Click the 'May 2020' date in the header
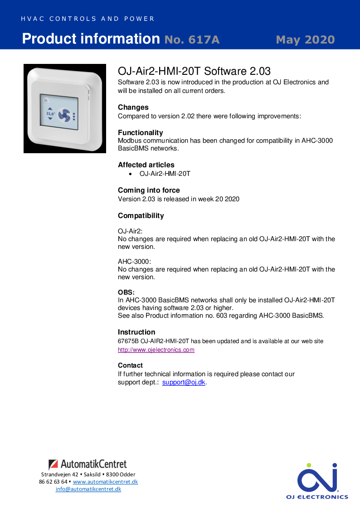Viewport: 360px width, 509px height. pos(305,39)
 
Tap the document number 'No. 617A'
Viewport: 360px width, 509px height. pos(192,40)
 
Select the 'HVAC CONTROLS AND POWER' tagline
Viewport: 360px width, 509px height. pos(88,19)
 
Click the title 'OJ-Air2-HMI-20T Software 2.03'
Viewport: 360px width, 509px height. pos(194,71)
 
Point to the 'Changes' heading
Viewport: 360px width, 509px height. pos(133,107)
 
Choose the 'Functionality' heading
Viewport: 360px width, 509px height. pos(140,133)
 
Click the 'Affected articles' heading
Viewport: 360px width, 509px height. pos(146,165)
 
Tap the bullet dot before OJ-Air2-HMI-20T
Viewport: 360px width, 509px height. pos(131,174)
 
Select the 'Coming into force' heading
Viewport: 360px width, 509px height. pos(149,190)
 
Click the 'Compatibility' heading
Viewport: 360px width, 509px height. pos(141,216)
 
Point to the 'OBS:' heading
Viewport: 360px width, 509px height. pos(126,292)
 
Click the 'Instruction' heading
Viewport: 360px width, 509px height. pos(136,332)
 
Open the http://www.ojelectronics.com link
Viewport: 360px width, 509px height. pos(156,350)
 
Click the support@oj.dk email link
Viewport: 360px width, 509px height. pos(184,382)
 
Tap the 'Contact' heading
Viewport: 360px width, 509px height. pos(130,365)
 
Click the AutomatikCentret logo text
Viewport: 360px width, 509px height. pos(93,464)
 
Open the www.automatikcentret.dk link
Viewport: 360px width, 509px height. pos(105,482)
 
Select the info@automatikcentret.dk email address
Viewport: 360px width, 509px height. pos(88,489)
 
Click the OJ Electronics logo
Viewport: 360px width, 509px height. pos(317,480)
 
